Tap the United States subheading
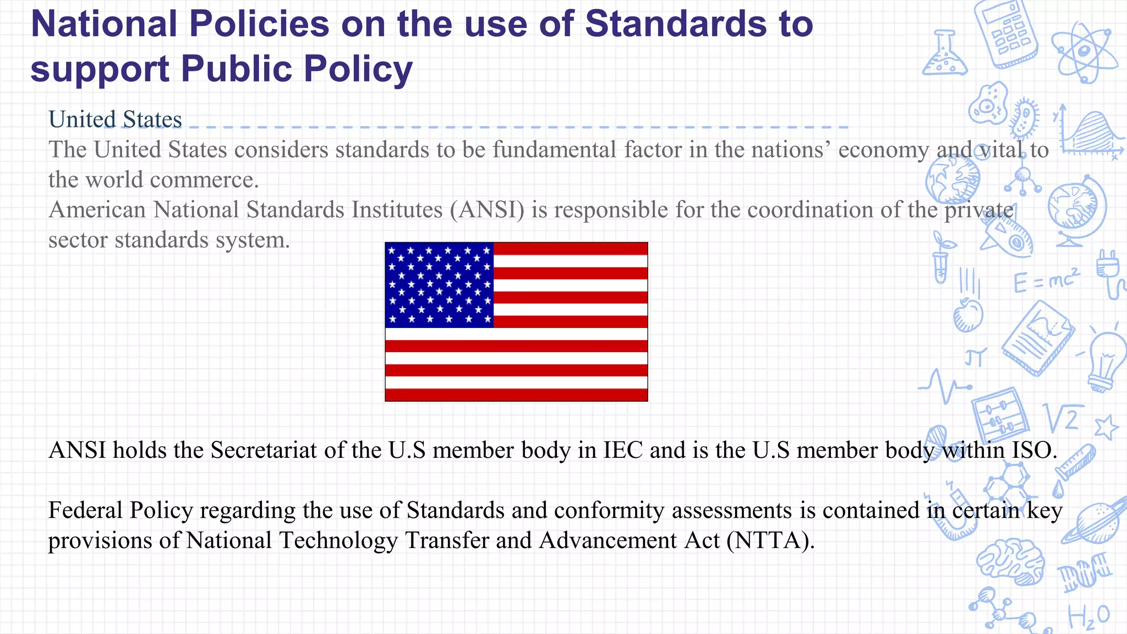[x=115, y=119]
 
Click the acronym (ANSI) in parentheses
[x=487, y=210]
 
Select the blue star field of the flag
[x=439, y=285]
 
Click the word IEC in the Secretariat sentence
[x=622, y=450]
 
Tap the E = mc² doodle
[x=1046, y=281]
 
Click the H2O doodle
[x=1088, y=616]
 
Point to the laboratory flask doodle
[x=944, y=55]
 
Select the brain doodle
[x=1011, y=561]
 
